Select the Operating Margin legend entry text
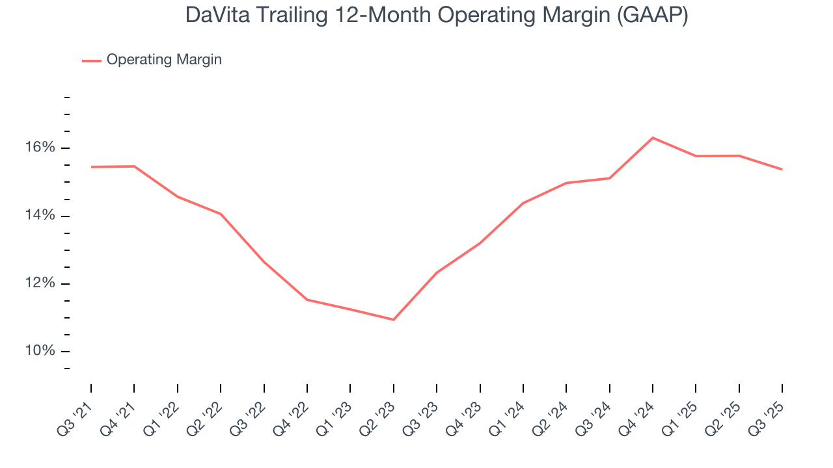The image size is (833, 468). (164, 60)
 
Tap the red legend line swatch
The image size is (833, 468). (91, 60)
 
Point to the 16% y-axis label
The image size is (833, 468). (40, 148)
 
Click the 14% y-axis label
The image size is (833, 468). (40, 216)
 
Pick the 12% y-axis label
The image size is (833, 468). (40, 283)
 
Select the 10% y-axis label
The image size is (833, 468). (40, 351)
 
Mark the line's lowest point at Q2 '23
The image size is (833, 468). (393, 320)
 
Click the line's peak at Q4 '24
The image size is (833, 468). (653, 138)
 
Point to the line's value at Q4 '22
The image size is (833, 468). (307, 300)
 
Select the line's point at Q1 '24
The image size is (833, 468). (523, 203)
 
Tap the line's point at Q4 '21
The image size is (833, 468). (134, 166)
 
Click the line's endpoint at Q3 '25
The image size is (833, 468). (782, 170)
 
